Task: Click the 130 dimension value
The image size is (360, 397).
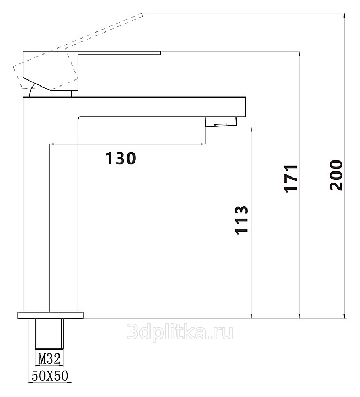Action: (x=121, y=158)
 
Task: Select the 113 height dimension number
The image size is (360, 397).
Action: (x=241, y=220)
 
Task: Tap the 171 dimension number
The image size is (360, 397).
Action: (x=291, y=179)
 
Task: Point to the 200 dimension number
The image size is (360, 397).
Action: (x=336, y=175)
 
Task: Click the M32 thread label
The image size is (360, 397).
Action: (x=50, y=359)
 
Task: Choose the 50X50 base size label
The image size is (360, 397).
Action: (x=50, y=375)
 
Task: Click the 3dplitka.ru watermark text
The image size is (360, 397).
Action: (x=180, y=332)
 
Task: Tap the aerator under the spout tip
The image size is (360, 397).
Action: (x=221, y=122)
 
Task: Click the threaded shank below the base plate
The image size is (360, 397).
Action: (x=50, y=334)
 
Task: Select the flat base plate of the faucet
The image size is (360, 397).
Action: (x=50, y=315)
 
